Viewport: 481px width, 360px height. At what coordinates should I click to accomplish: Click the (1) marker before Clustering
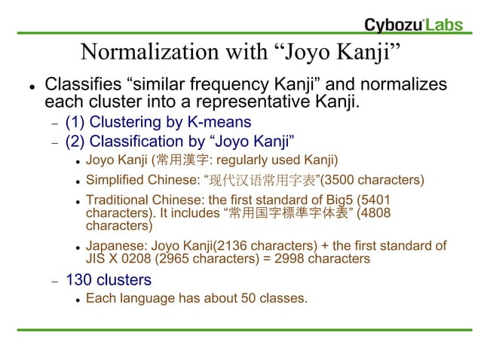pyautogui.click(x=75, y=121)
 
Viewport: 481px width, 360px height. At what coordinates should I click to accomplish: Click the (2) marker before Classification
pyautogui.click(x=75, y=141)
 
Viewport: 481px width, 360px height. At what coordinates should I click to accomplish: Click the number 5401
pyautogui.click(x=377, y=200)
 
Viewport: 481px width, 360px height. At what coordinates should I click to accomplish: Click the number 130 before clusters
pyautogui.click(x=78, y=280)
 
